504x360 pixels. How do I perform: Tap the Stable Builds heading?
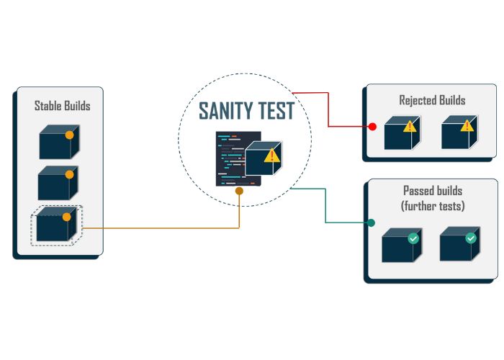[x=63, y=106]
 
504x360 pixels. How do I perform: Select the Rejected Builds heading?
[x=432, y=100]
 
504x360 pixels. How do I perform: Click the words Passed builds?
[x=433, y=192]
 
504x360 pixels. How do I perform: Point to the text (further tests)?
[x=433, y=206]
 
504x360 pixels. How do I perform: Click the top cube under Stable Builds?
[x=57, y=143]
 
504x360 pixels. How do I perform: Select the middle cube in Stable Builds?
[x=57, y=183]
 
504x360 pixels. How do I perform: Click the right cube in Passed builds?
[x=457, y=245]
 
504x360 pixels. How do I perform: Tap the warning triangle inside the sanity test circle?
[x=271, y=156]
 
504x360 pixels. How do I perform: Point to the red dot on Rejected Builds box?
[x=372, y=127]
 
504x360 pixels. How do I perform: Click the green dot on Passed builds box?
[x=371, y=222]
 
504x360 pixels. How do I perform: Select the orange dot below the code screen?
[x=239, y=192]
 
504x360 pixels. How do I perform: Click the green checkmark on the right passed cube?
[x=471, y=237]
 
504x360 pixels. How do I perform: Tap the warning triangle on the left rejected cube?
[x=409, y=127]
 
